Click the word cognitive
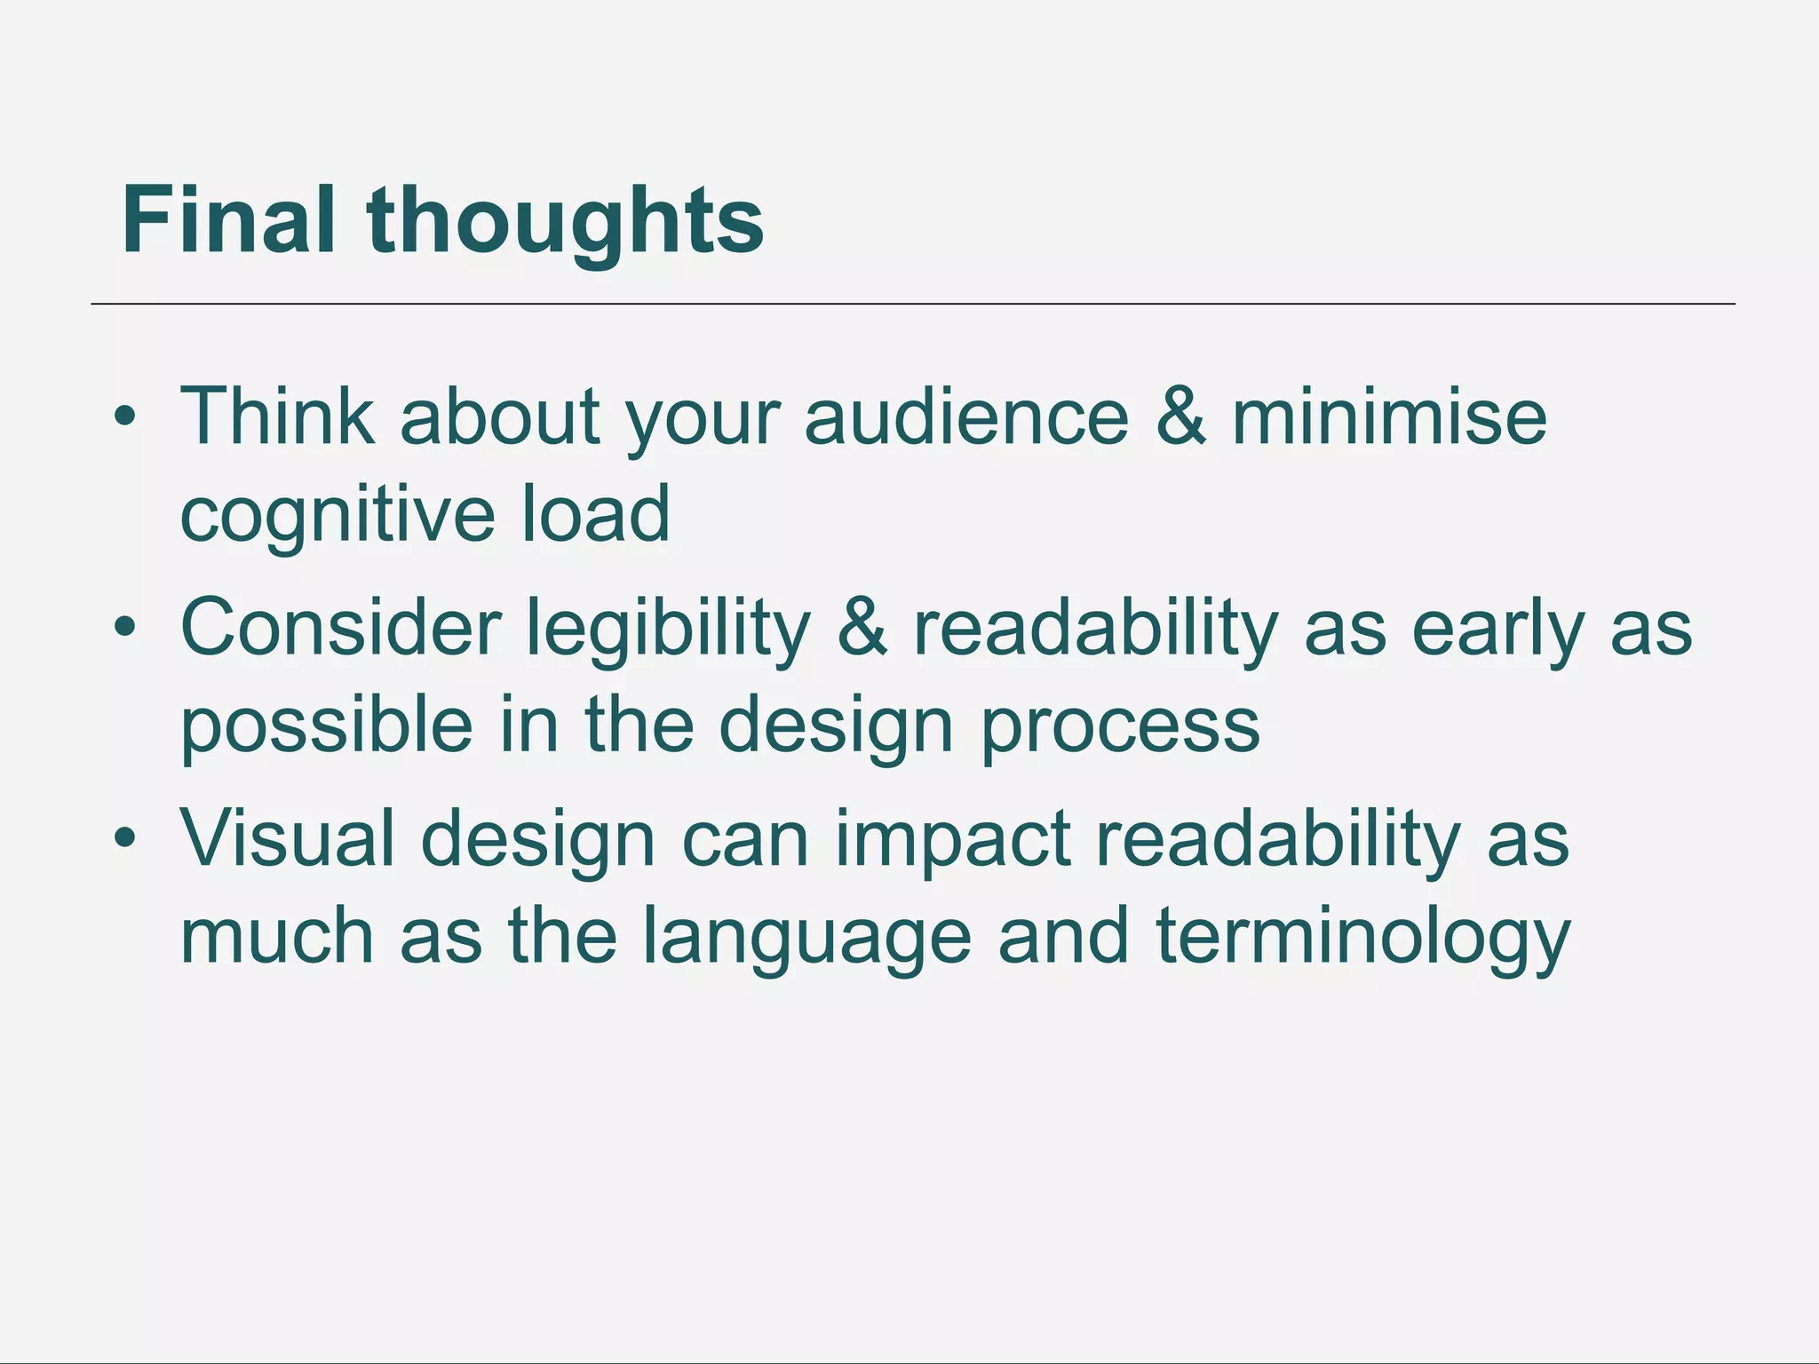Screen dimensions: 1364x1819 pyautogui.click(x=337, y=515)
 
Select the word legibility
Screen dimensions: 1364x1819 pyautogui.click(x=668, y=629)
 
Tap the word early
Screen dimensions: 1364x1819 pyautogui.click(x=1497, y=629)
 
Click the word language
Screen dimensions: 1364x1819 pyautogui.click(x=806, y=938)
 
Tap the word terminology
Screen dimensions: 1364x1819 pyautogui.click(x=1363, y=938)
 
